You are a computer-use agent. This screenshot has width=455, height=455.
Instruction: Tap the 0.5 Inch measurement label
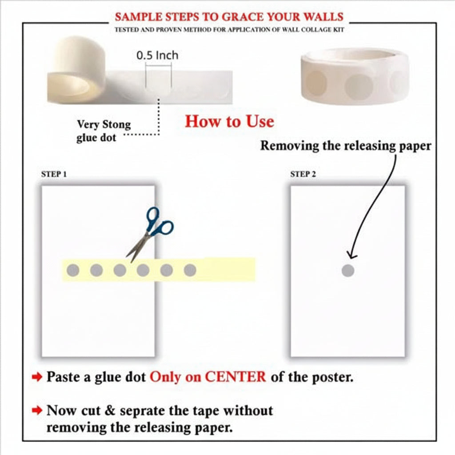[157, 55]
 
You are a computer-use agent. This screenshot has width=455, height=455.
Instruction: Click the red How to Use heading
[230, 121]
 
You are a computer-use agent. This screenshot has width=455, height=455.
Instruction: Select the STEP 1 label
[54, 174]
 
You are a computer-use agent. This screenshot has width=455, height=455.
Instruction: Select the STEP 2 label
[303, 174]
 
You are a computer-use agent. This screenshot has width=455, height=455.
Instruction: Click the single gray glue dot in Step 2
[348, 271]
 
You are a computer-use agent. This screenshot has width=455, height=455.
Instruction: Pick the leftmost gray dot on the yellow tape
[73, 270]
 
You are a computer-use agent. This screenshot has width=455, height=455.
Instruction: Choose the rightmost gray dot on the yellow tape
[190, 270]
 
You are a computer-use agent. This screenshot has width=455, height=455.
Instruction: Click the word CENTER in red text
[235, 377]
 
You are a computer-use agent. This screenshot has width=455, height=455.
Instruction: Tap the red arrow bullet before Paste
[37, 377]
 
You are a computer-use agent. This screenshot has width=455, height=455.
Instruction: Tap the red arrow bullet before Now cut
[37, 410]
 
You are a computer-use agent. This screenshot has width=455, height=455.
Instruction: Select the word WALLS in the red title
[323, 17]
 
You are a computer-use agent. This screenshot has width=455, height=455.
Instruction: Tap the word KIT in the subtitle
[339, 30]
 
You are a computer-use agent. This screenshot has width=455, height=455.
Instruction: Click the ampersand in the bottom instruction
[110, 410]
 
